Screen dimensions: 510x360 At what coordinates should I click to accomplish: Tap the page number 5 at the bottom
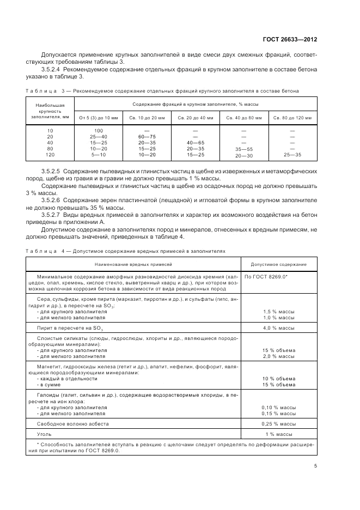[x=315, y=465]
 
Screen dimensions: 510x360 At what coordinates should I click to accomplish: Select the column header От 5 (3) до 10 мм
[x=99, y=117]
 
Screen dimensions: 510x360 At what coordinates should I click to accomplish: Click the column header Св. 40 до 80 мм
[x=243, y=117]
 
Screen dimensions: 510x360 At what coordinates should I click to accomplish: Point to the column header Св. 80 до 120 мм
[x=292, y=117]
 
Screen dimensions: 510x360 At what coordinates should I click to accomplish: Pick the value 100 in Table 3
[x=99, y=130]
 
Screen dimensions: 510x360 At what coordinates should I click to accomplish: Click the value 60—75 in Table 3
[x=147, y=136]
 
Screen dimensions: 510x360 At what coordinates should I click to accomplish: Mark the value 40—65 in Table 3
[x=195, y=142]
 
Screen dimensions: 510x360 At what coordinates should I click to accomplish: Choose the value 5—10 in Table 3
[x=99, y=155]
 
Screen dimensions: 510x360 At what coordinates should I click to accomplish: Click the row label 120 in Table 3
[x=50, y=155]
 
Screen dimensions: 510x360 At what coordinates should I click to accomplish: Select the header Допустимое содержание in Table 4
[x=278, y=264]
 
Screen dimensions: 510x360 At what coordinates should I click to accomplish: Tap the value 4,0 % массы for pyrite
[x=278, y=328]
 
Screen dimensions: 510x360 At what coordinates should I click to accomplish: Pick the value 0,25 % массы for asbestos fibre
[x=278, y=423]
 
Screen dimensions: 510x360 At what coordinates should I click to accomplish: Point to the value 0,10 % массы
[x=278, y=406]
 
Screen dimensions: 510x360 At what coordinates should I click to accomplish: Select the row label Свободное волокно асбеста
[x=72, y=423]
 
